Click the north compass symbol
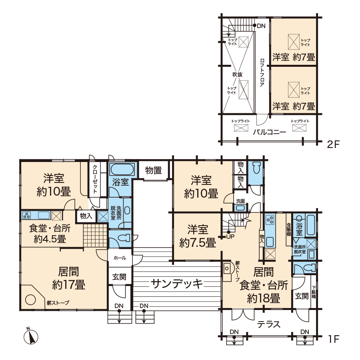31,336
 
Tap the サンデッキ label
177,284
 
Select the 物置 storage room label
154,170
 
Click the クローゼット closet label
95,179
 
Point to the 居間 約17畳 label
69,278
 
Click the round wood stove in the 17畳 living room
30,300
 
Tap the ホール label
120,258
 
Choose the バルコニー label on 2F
270,132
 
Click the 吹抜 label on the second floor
237,74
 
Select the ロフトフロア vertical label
262,72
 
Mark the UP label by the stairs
230,236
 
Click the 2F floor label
333,144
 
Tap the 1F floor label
333,339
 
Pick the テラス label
269,324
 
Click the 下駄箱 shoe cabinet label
314,292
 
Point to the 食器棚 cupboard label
289,230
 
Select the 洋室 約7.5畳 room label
198,236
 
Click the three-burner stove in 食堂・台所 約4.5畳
27,215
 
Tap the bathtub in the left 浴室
122,170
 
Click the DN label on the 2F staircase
261,26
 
